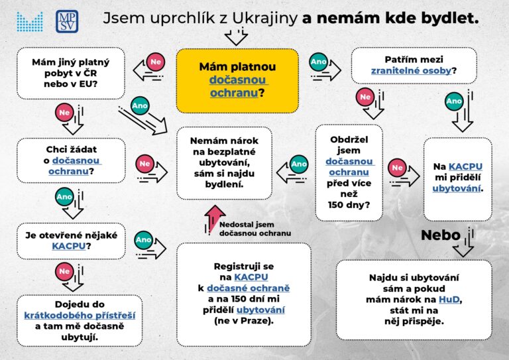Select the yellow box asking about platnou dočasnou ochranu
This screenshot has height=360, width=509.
coord(237,80)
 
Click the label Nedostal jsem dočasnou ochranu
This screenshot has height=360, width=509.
coord(255,229)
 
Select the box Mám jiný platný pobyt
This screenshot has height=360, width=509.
coord(70,72)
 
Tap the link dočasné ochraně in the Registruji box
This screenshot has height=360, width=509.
coord(248,288)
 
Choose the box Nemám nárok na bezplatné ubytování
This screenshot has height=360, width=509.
coord(224,162)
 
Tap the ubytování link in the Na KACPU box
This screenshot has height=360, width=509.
coord(457,188)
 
